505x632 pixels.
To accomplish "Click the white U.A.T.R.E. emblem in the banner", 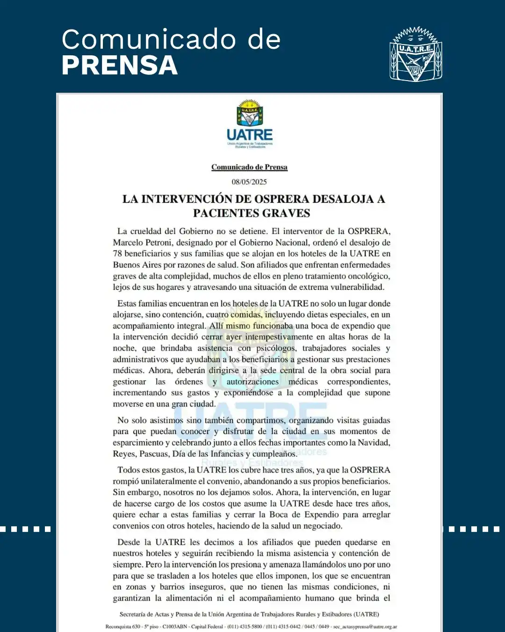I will pos(416,54).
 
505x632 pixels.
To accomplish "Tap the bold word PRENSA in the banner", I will pos(120,65).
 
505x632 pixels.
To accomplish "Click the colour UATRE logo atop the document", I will pos(250,124).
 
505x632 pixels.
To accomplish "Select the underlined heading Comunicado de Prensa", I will pos(249,167).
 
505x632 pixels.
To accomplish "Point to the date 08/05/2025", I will pos(249,182).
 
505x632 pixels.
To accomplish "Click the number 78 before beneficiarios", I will pos(117,254).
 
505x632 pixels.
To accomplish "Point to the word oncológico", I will pos(366,276).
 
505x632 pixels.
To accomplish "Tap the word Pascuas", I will pos(154,454).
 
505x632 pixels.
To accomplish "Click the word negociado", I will pos(320,526).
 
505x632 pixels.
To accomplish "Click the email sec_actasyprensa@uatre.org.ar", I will pos(365,626).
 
